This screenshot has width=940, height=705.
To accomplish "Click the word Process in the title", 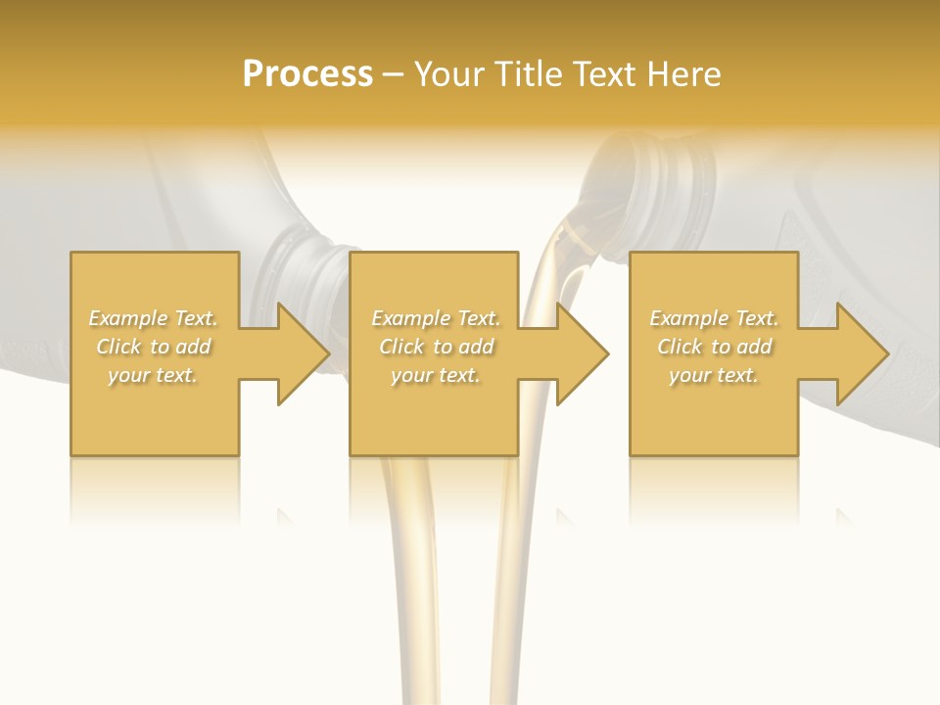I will click(x=307, y=74).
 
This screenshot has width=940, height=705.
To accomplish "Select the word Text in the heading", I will click(x=605, y=74).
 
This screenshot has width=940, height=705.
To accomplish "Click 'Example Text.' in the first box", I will click(x=154, y=318).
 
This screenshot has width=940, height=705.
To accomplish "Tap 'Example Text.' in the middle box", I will click(x=436, y=318).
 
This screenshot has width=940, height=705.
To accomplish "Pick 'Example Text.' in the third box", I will click(x=714, y=318).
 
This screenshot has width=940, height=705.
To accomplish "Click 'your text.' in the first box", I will click(x=153, y=375).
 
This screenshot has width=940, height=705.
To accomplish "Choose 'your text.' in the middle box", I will click(x=436, y=375).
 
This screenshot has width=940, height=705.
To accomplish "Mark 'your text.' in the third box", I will click(x=714, y=375).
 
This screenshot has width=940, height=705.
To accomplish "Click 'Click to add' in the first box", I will click(x=154, y=347).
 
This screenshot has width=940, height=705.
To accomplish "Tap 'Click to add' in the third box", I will click(x=714, y=347).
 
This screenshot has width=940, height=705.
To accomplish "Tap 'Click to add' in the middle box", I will click(x=436, y=347).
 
